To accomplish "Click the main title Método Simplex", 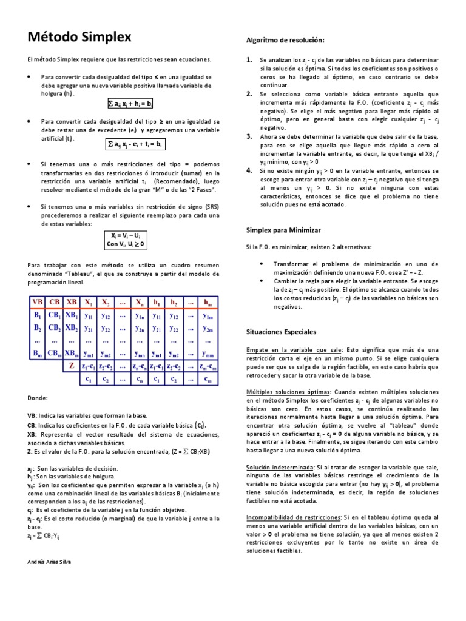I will [x=79, y=38].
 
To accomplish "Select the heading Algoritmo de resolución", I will [x=285, y=40].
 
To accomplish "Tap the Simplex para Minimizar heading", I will [x=283, y=230].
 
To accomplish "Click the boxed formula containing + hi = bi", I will [x=130, y=103].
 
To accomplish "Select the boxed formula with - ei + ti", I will [x=132, y=144].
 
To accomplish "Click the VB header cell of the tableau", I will [x=38, y=303].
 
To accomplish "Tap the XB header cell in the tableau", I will [x=71, y=303].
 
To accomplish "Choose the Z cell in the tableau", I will [x=72, y=366].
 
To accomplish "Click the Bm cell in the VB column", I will [x=38, y=353].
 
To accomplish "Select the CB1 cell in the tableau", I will [x=55, y=316].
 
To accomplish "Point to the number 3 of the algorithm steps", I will [x=249, y=136].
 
